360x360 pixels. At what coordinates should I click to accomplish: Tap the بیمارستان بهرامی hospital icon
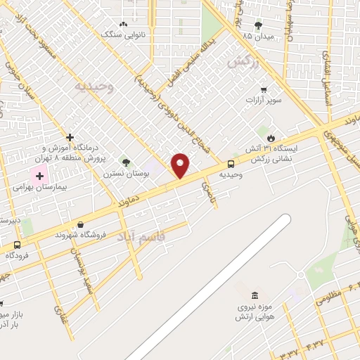[40, 175]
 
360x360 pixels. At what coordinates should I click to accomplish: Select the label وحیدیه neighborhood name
[94, 86]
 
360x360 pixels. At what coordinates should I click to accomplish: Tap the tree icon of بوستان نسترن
[127, 162]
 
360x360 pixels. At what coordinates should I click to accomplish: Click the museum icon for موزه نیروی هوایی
[254, 295]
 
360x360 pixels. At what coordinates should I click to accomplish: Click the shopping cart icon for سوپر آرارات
[264, 89]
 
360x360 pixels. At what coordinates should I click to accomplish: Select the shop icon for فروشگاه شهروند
[82, 225]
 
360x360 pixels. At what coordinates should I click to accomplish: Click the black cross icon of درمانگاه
[69, 137]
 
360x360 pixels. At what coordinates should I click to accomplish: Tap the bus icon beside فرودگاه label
[17, 245]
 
